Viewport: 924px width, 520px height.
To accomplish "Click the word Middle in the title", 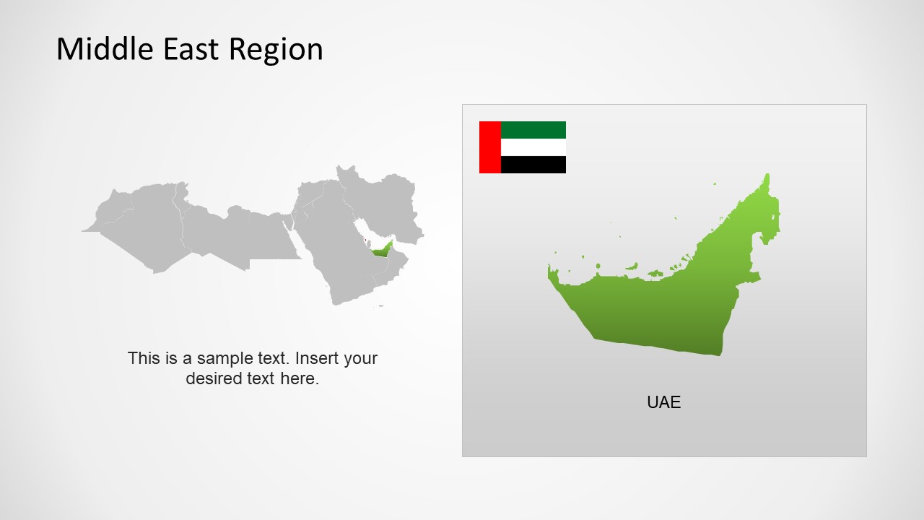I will pyautogui.click(x=99, y=49).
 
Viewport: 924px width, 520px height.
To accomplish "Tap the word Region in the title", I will pyautogui.click(x=276, y=49).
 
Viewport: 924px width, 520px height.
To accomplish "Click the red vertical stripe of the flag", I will pyautogui.click(x=489, y=147).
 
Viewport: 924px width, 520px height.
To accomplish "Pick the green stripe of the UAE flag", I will pyautogui.click(x=533, y=130).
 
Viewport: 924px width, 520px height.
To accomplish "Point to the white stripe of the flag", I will pyautogui.click(x=533, y=147).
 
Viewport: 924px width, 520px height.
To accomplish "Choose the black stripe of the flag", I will pyautogui.click(x=533, y=165).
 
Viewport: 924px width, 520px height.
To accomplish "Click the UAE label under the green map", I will pyautogui.click(x=663, y=402).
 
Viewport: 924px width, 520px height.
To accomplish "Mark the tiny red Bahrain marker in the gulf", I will pyautogui.click(x=365, y=240).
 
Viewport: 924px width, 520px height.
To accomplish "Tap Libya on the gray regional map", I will pyautogui.click(x=217, y=231).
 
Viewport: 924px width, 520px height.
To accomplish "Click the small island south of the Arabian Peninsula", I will pyautogui.click(x=381, y=306).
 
